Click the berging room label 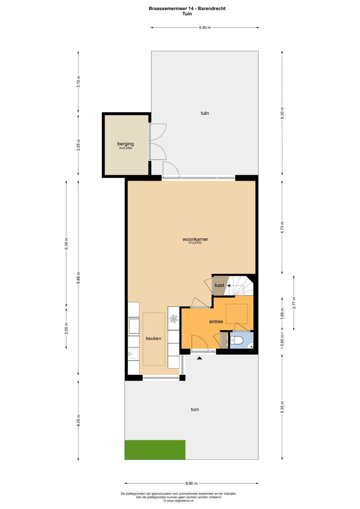[125, 144]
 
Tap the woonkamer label [195, 239]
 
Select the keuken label [153, 338]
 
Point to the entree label [216, 322]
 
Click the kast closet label [219, 285]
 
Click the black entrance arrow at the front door [200, 358]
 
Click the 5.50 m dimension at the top [205, 28]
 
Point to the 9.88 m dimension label [78, 278]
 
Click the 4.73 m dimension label [282, 227]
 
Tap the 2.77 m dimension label [294, 303]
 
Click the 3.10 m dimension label [78, 82]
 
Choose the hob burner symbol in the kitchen [173, 319]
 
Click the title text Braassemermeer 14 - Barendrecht [187, 9]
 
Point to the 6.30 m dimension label [282, 113]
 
